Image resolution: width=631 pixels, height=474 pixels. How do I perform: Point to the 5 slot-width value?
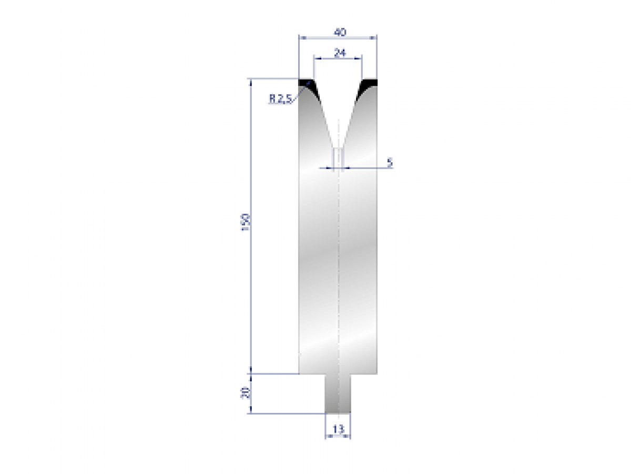click(x=389, y=162)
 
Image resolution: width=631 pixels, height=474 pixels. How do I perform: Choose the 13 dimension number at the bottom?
click(x=338, y=429)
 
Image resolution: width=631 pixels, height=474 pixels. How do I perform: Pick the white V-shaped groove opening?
click(x=338, y=105)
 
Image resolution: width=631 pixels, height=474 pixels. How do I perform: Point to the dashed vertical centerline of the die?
click(x=339, y=263)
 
